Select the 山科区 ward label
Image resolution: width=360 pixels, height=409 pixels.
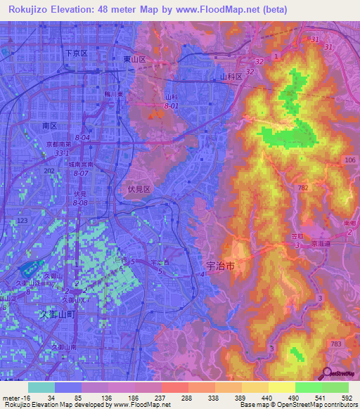pos(231,76)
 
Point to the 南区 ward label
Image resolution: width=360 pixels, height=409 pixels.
pos(49,125)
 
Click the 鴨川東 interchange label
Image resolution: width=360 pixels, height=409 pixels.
pos(114,93)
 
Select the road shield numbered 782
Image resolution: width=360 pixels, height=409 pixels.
pos(303,188)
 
